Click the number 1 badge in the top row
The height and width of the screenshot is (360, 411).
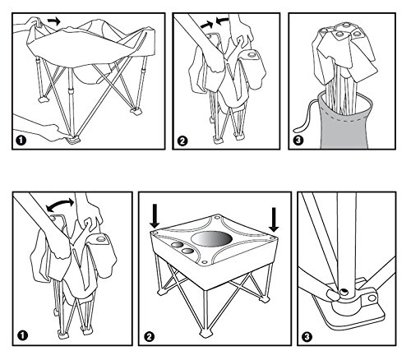(21, 141)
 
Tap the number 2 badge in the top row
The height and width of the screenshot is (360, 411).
(182, 141)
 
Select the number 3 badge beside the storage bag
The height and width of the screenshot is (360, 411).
(298, 141)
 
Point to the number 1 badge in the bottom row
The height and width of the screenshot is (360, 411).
(22, 335)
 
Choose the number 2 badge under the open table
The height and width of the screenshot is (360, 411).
(149, 337)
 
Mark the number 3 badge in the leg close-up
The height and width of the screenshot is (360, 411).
(307, 337)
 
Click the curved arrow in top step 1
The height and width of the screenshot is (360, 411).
(54, 21)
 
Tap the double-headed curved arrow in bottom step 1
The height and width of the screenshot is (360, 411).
(60, 204)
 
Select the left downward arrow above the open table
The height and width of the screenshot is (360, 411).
(155, 215)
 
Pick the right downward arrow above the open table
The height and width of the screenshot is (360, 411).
(274, 219)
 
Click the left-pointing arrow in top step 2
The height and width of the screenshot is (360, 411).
(222, 21)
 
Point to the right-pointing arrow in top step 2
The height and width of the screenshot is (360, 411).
(206, 25)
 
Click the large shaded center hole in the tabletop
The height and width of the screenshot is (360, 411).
(211, 238)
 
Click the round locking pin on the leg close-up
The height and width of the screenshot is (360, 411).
(343, 293)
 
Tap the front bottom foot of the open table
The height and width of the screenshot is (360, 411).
(206, 334)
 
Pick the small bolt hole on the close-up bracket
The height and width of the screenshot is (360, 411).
(372, 298)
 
